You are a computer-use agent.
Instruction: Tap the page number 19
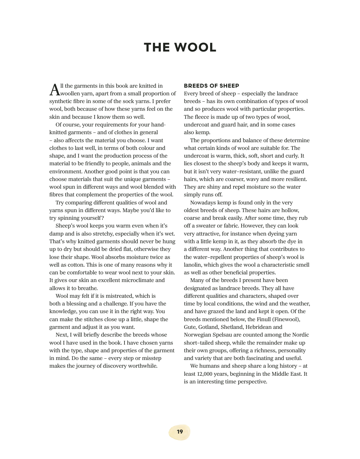point(180,432)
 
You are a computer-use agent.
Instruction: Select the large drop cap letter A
point(55,90)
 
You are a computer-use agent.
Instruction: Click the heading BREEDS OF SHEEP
point(211,86)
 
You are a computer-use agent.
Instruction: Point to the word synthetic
point(61,101)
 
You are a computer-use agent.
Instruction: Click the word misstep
point(151,358)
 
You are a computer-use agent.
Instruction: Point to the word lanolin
point(192,265)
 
